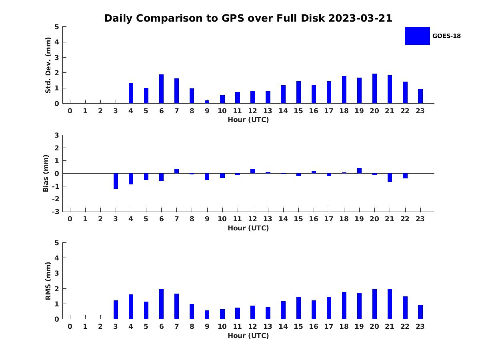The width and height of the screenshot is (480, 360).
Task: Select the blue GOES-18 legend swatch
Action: pos(417,36)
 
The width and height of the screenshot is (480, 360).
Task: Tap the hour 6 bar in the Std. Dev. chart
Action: pos(161,89)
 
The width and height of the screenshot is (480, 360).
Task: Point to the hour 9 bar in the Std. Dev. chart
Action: pos(207,102)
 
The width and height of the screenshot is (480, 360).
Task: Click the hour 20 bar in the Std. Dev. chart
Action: pos(374,88)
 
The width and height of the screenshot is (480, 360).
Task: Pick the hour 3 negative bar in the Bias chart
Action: pos(116,181)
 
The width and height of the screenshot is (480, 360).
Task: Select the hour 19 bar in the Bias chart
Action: pos(359,171)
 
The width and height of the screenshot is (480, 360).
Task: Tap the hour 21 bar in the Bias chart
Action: pos(390,178)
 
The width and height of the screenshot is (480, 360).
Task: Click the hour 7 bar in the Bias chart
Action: pos(176,171)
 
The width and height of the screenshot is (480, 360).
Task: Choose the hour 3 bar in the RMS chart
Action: pos(116,310)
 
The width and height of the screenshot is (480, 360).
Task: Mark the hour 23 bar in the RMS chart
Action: pos(420,312)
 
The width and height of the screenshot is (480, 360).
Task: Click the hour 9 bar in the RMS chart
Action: pos(207,315)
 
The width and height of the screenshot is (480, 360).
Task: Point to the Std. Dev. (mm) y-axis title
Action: pos(48,65)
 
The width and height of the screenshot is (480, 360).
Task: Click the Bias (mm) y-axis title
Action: pos(46,173)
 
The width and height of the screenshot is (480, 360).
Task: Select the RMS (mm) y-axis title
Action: pos(48,281)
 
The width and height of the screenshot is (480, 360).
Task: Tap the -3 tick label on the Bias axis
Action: pos(56,212)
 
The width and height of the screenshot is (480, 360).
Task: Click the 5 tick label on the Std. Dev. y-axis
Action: pos(57,27)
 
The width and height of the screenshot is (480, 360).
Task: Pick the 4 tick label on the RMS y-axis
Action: pos(57,258)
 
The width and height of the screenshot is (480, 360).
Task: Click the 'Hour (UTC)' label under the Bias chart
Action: pos(248,228)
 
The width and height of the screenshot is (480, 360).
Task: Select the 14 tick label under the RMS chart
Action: pos(283,326)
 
